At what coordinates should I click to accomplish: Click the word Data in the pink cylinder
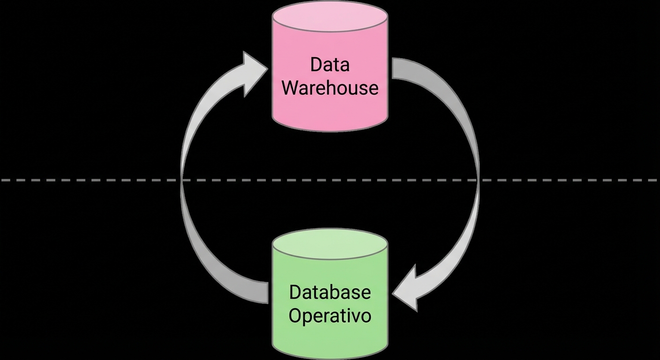click(x=330, y=64)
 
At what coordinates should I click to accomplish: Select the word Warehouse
click(x=330, y=88)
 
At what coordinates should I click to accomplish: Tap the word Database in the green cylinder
click(x=330, y=292)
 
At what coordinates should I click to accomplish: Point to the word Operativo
click(x=330, y=315)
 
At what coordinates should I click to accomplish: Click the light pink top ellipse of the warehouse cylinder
click(x=330, y=16)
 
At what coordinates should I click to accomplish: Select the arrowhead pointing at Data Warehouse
click(x=253, y=73)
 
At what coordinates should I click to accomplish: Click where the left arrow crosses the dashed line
click(x=182, y=180)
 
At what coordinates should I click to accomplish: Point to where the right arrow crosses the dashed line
click(x=478, y=180)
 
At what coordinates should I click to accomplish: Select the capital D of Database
click(x=294, y=292)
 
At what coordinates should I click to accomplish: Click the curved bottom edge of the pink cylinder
click(x=330, y=130)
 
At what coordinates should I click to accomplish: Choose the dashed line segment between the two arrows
click(x=330, y=180)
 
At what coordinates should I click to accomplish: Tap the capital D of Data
click(x=315, y=64)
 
